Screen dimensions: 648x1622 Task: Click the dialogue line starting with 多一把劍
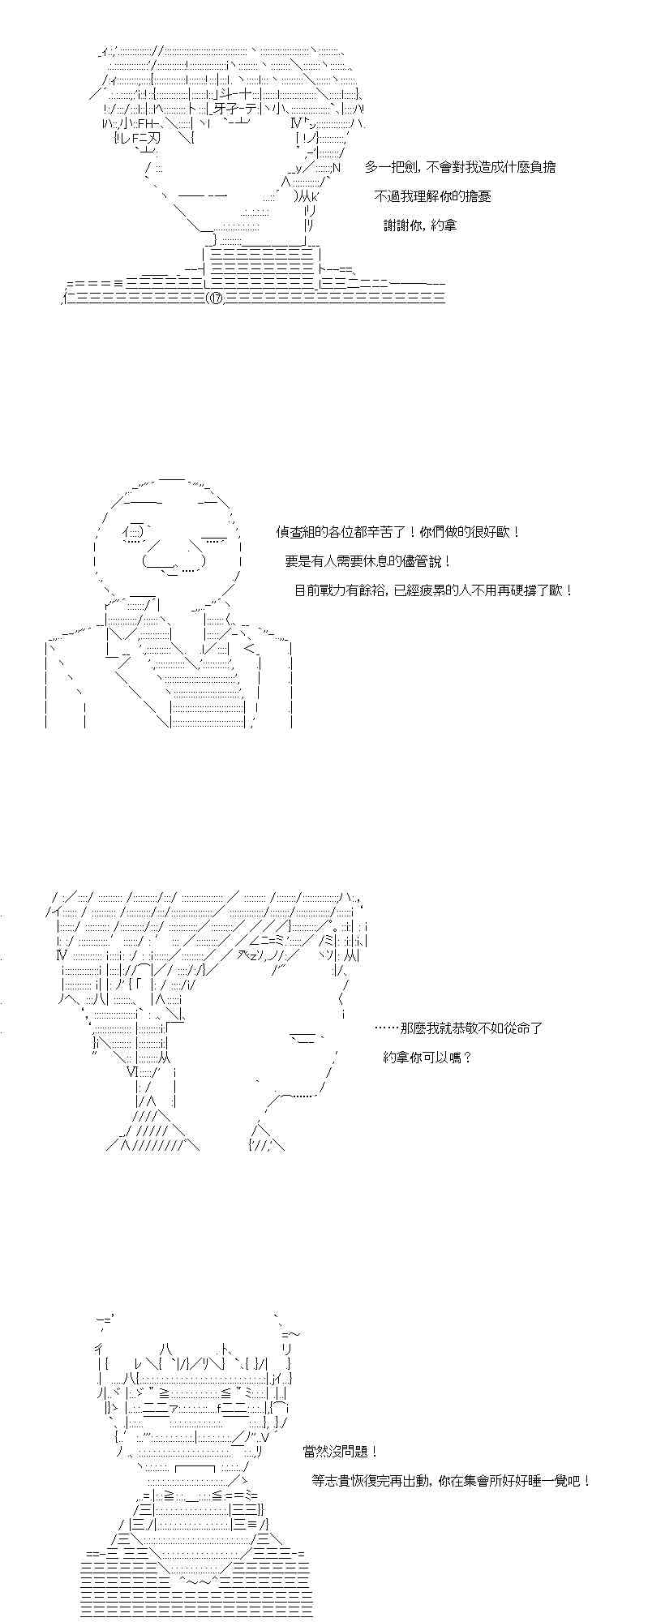point(460,167)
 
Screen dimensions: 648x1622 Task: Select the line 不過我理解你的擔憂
point(432,196)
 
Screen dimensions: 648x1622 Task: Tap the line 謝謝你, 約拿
point(420,225)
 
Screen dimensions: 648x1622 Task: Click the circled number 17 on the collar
point(214,298)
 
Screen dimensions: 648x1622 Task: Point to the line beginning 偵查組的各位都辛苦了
point(397,532)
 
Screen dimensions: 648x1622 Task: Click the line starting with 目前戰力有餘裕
point(433,590)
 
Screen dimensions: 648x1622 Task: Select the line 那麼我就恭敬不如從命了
point(459,1028)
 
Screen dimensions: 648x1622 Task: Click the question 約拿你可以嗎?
point(427,1058)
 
